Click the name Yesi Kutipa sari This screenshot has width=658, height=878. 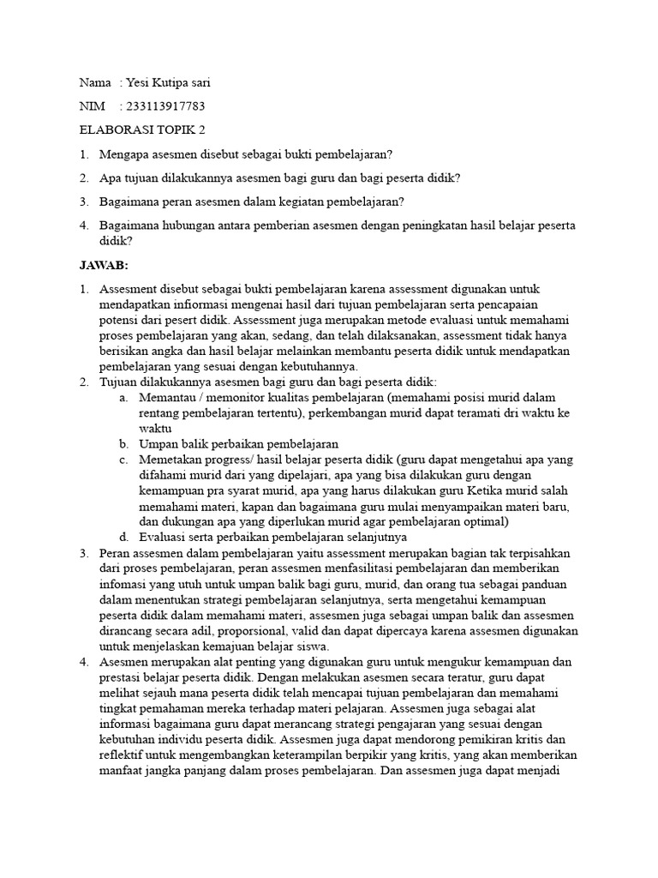click(167, 83)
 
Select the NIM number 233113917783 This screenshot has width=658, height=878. click(165, 106)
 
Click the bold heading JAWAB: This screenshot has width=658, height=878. click(103, 265)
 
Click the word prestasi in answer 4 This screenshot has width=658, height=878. click(122, 677)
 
